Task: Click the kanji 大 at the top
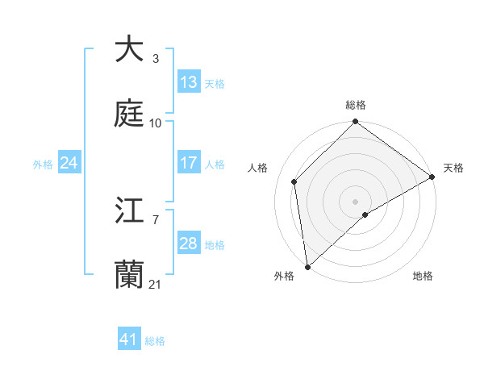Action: point(129,49)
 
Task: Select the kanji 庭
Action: point(129,114)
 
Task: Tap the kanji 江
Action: point(129,211)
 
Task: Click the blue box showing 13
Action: point(189,82)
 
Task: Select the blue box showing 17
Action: point(189,163)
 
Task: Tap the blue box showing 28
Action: point(189,244)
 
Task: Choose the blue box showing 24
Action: point(69,163)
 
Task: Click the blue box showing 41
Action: point(129,339)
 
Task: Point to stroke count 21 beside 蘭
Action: point(156,285)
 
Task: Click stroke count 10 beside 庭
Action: point(156,123)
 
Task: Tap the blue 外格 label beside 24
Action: point(43,164)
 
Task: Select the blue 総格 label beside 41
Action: point(155,341)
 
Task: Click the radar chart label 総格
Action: point(356,105)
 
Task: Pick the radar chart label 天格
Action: point(453,168)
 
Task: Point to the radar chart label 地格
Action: point(423,277)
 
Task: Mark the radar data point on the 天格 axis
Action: point(432,177)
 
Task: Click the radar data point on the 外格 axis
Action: point(307,267)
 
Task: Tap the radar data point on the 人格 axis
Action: point(294,181)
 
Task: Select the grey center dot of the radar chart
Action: point(356,201)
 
